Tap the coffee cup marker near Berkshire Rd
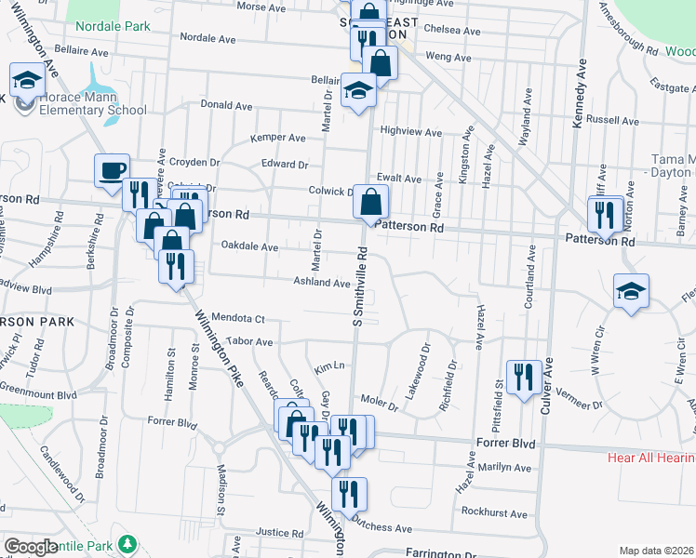click(112, 170)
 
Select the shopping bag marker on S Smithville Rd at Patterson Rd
click(370, 202)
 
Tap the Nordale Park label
click(113, 27)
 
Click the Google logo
click(31, 547)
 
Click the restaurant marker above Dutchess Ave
click(349, 494)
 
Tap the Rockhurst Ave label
click(494, 513)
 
